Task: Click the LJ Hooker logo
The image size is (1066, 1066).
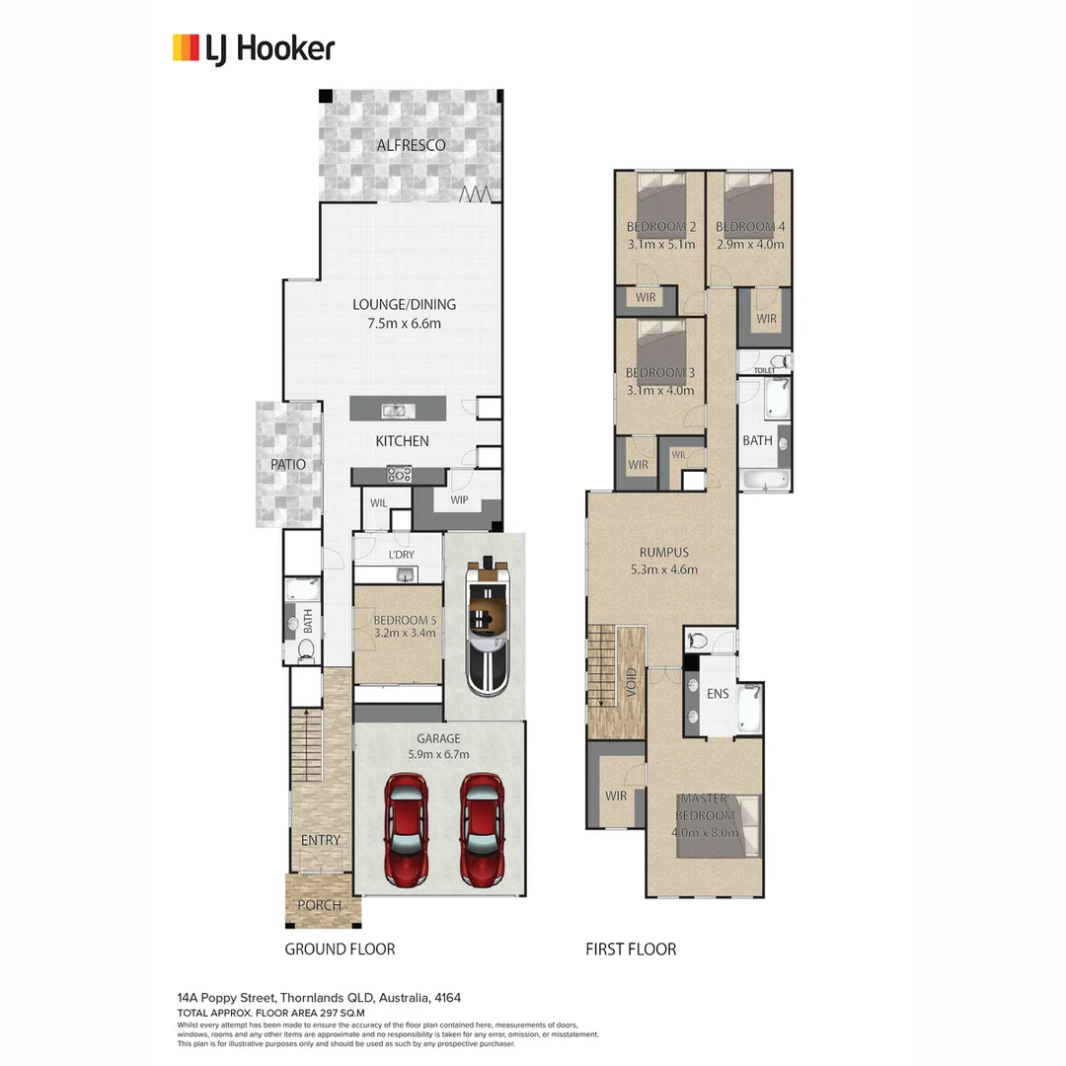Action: pos(254,48)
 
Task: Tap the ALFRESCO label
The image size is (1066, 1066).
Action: pos(412,145)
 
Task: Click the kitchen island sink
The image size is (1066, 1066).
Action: pos(394,410)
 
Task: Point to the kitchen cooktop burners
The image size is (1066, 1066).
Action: pos(399,474)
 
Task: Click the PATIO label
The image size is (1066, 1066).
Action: pos(288,464)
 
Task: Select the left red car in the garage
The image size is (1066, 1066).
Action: pos(406,828)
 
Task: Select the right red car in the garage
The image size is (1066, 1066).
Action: pos(483,828)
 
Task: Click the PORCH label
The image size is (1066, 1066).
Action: pos(319,905)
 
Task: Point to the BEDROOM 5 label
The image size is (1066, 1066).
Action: pos(404,621)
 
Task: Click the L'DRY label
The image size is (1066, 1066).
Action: pos(401,555)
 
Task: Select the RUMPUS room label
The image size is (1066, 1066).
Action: pos(663,553)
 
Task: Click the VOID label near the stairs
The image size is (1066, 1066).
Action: pos(631,682)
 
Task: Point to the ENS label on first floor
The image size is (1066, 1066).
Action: pos(718,694)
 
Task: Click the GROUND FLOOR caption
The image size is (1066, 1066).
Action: pos(340,949)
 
